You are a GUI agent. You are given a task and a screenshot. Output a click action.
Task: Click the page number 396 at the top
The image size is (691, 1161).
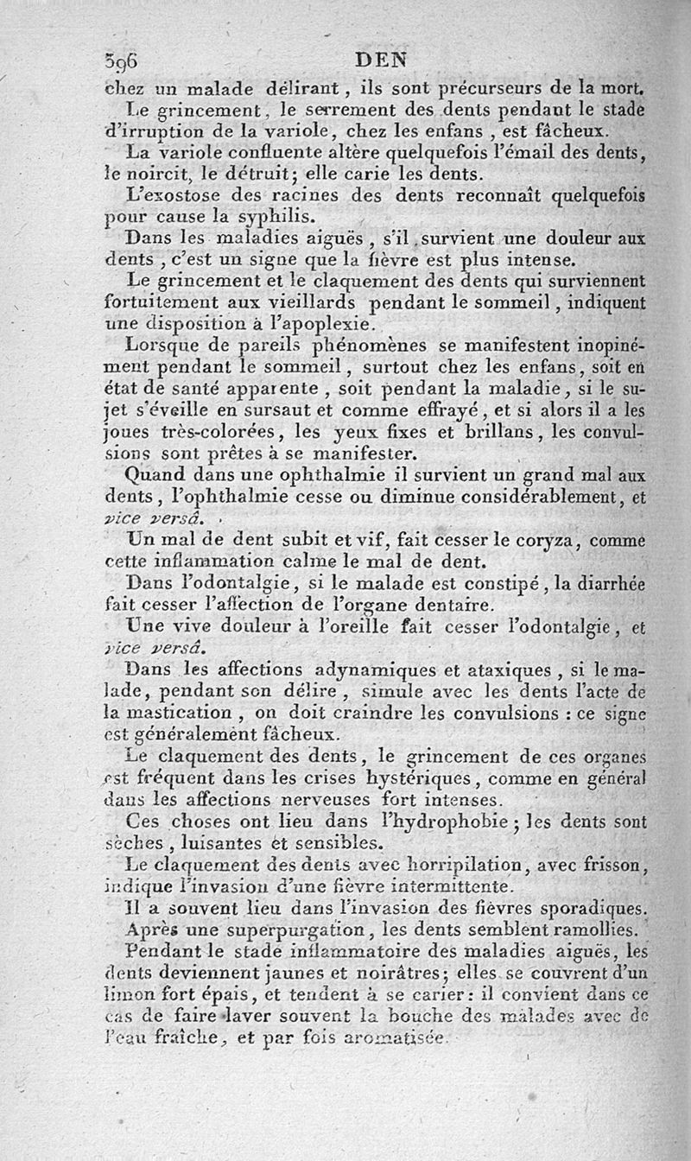tap(121, 61)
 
